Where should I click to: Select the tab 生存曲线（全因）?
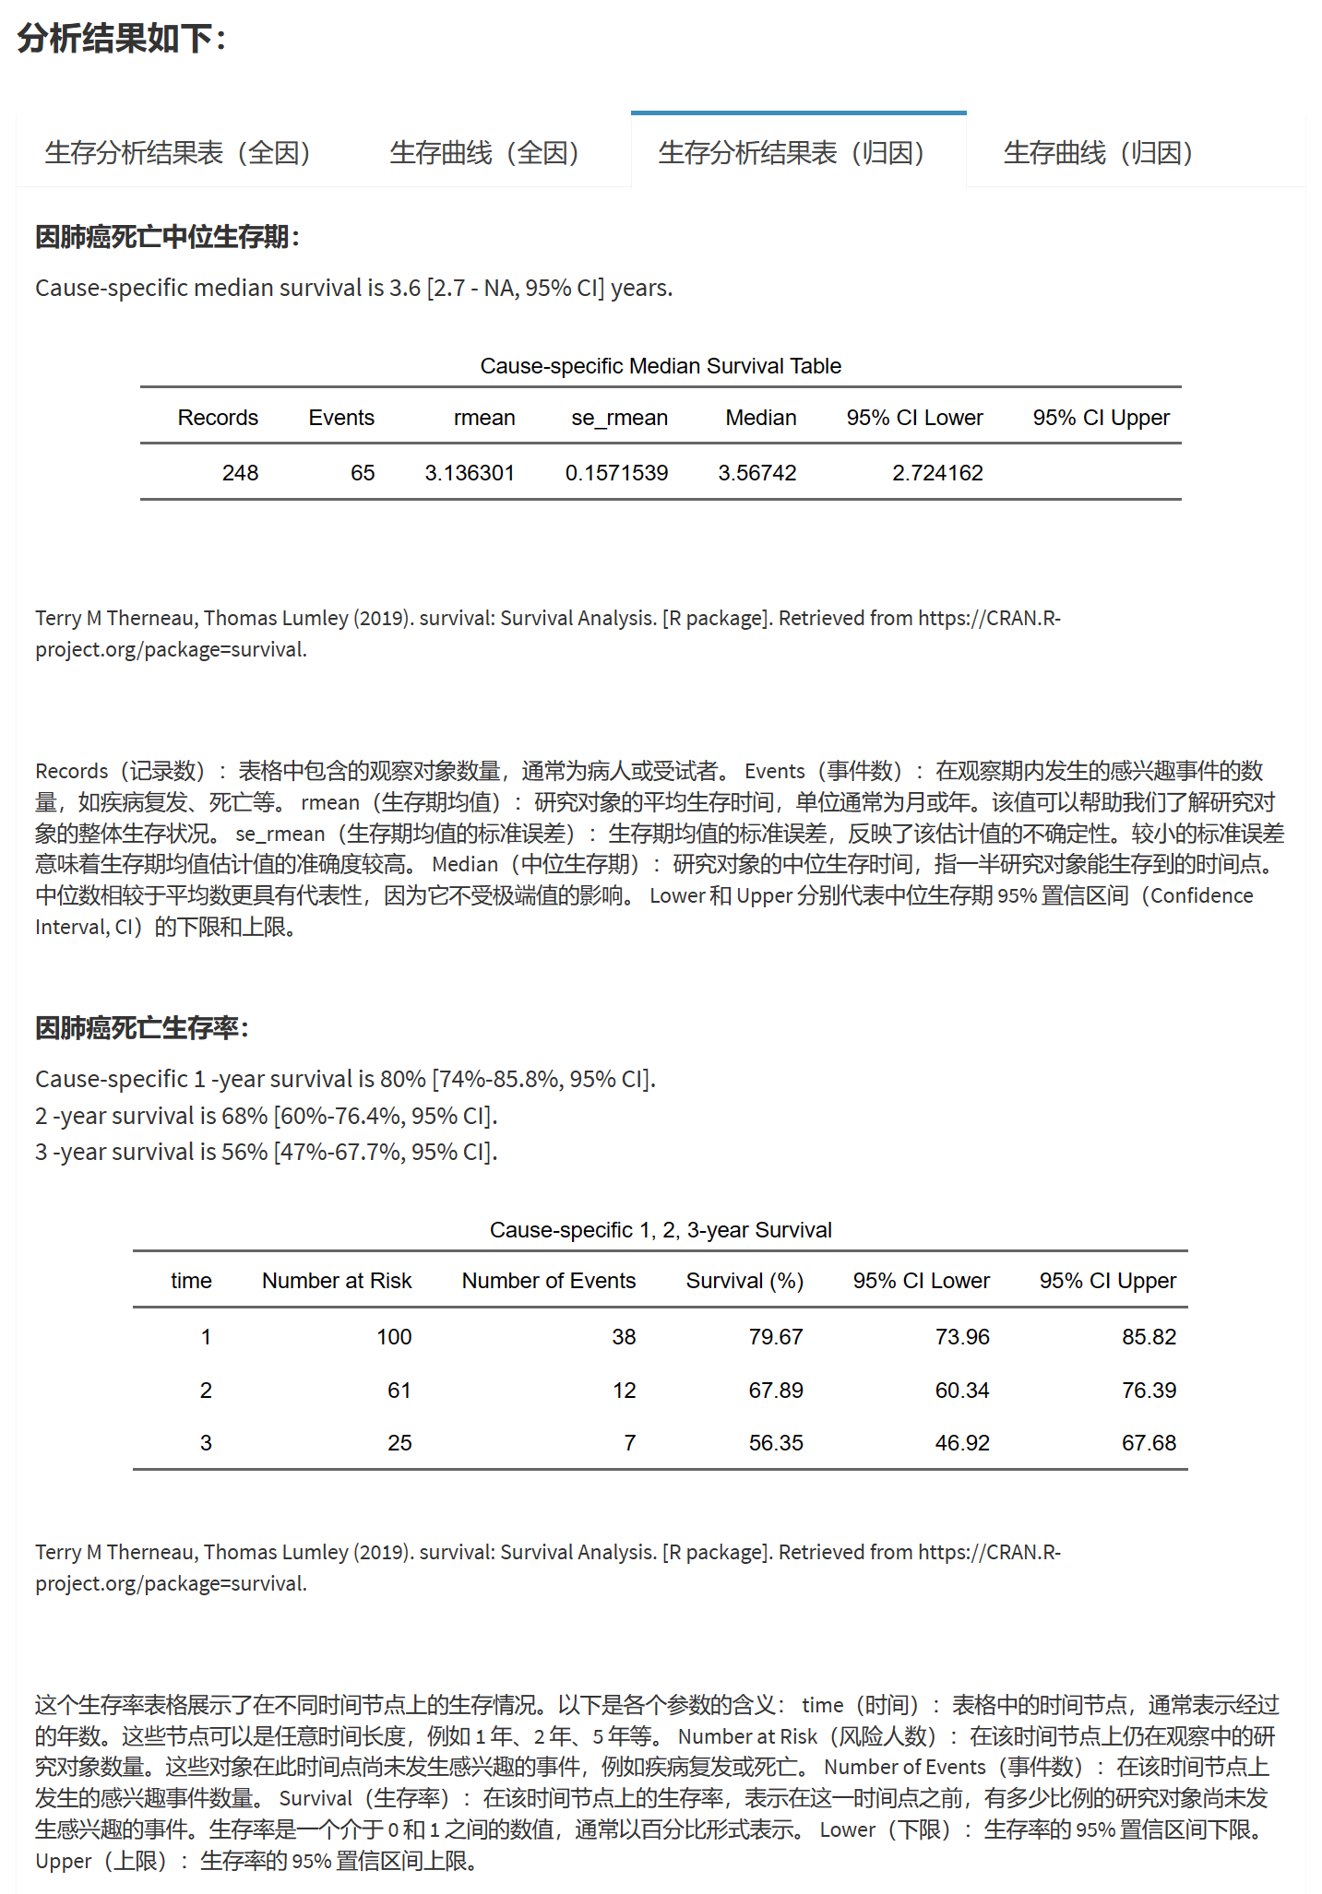coord(484,152)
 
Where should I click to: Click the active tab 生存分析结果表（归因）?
coord(792,152)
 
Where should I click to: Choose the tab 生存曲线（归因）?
coord(1099,152)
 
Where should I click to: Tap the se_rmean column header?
coord(619,418)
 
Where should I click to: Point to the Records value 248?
coord(240,473)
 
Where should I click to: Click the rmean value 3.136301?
coord(470,473)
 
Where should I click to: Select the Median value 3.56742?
coord(756,473)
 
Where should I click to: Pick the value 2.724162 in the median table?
coord(937,473)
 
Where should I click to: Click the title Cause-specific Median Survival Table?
coord(661,366)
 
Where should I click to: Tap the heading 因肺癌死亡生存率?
coord(141,1027)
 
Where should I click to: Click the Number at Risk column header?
coord(337,1281)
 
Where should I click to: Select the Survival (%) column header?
coord(744,1281)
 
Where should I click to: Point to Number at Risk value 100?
coord(394,1337)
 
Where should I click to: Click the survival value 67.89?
coord(776,1391)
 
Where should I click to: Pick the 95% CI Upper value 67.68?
coord(1149,1443)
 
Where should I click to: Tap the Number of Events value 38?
coord(624,1337)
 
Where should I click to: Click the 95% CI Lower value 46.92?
coord(962,1443)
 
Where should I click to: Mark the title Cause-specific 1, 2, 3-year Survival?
coord(661,1230)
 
